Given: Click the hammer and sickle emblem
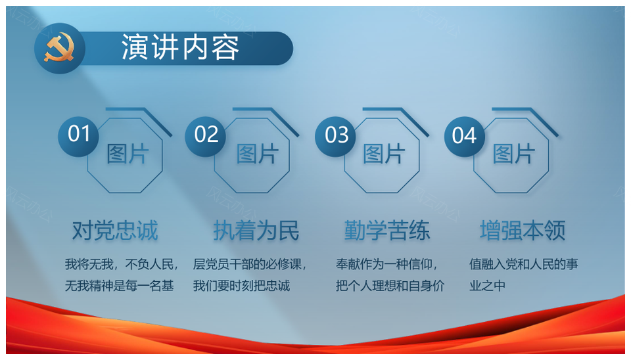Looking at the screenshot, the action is click(59, 48).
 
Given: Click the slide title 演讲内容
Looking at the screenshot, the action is click(180, 48).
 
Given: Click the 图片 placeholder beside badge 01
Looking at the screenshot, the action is click(128, 154).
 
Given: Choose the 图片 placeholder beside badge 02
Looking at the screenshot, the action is click(258, 154).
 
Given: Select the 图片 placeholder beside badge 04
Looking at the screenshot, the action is click(514, 154).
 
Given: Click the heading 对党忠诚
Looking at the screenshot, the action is click(115, 231).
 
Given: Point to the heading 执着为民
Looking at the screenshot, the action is click(256, 231).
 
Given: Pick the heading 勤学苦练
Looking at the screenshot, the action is click(387, 231).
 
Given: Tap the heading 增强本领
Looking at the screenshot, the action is click(523, 231).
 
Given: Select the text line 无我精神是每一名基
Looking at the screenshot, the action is click(120, 286).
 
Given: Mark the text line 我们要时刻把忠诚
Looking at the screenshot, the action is click(241, 286).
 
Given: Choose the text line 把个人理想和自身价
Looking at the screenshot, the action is click(390, 286).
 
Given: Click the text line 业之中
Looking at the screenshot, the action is click(487, 286).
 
